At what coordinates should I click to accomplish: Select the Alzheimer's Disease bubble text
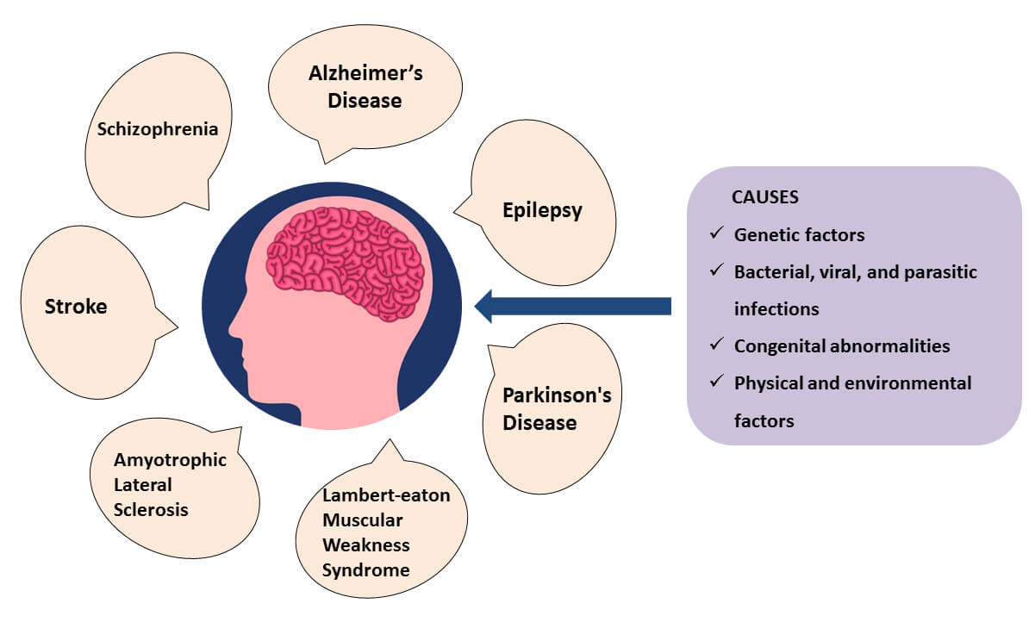365,87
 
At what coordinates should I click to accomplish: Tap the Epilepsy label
542,210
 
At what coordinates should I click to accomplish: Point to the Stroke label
76,306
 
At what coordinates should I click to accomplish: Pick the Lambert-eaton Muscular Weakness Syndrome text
385,532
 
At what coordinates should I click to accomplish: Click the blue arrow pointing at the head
572,306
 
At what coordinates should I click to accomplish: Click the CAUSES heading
764,197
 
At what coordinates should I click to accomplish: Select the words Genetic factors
799,234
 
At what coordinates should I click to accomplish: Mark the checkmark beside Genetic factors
716,233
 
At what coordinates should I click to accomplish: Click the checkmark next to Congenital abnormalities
716,345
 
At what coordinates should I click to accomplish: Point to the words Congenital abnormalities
842,345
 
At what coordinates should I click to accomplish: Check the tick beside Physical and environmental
716,382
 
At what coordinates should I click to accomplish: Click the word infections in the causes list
776,308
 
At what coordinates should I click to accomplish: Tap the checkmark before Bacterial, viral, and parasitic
716,271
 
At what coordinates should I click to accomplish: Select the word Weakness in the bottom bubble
365,544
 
